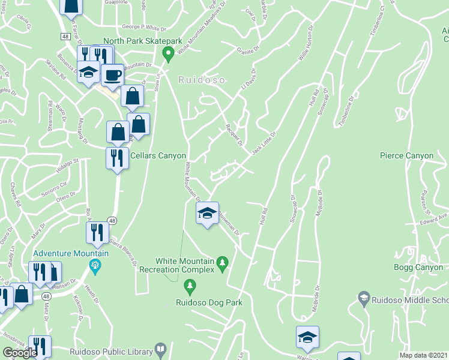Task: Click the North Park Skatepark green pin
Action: (x=169, y=55)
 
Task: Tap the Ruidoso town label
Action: (x=201, y=79)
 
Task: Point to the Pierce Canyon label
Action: (x=406, y=156)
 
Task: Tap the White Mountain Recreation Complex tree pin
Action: (x=223, y=263)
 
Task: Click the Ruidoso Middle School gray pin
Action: (x=363, y=297)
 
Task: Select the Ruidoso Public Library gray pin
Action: (x=161, y=348)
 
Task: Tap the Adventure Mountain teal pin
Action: (x=94, y=264)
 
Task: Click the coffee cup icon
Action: (x=112, y=76)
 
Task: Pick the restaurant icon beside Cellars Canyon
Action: (x=116, y=158)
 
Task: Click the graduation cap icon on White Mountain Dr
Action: (x=207, y=213)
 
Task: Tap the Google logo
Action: (x=20, y=353)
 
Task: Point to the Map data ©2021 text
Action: (x=424, y=355)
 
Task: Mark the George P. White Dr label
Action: (x=143, y=27)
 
